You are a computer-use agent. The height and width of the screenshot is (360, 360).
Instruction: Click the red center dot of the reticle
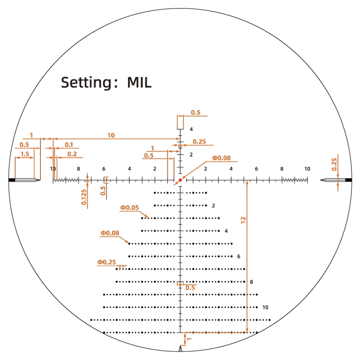[180, 180]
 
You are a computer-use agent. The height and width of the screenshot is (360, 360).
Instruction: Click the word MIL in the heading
[139, 82]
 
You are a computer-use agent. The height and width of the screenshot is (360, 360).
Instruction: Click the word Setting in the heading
[86, 82]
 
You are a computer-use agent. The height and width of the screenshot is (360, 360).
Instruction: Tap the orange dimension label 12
[244, 220]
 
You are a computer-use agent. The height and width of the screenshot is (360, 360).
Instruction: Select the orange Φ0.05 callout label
[129, 208]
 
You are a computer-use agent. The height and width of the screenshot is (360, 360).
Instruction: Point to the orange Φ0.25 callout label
[106, 262]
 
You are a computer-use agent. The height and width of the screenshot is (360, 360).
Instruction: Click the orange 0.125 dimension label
[84, 197]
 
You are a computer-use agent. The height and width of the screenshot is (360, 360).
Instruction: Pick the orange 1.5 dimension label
[25, 154]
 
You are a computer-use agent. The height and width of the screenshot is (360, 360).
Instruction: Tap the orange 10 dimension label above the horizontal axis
[111, 136]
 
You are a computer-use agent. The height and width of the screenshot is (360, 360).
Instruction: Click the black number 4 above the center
[191, 129]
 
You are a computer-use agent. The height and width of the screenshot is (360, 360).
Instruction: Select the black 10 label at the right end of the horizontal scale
[307, 169]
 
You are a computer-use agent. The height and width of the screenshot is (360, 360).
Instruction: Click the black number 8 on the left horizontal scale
[78, 169]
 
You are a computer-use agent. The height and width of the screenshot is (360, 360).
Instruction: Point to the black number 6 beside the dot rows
[239, 256]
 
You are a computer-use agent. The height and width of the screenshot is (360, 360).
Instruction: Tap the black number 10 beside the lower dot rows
[266, 307]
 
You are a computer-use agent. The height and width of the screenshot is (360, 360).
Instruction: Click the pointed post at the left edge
[24, 180]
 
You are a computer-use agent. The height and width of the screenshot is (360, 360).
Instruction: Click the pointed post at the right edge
[336, 180]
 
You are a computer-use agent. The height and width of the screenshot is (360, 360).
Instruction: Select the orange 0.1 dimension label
[69, 145]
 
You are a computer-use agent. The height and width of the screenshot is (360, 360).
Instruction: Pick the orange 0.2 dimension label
[72, 154]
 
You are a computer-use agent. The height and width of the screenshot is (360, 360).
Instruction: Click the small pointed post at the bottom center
[180, 348]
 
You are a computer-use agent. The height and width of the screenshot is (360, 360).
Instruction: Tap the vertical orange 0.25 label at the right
[334, 164]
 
